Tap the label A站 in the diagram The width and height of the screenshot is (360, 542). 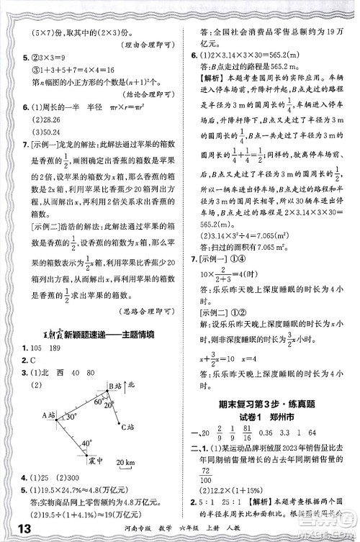(48, 414)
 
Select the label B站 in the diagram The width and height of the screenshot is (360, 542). (107, 387)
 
